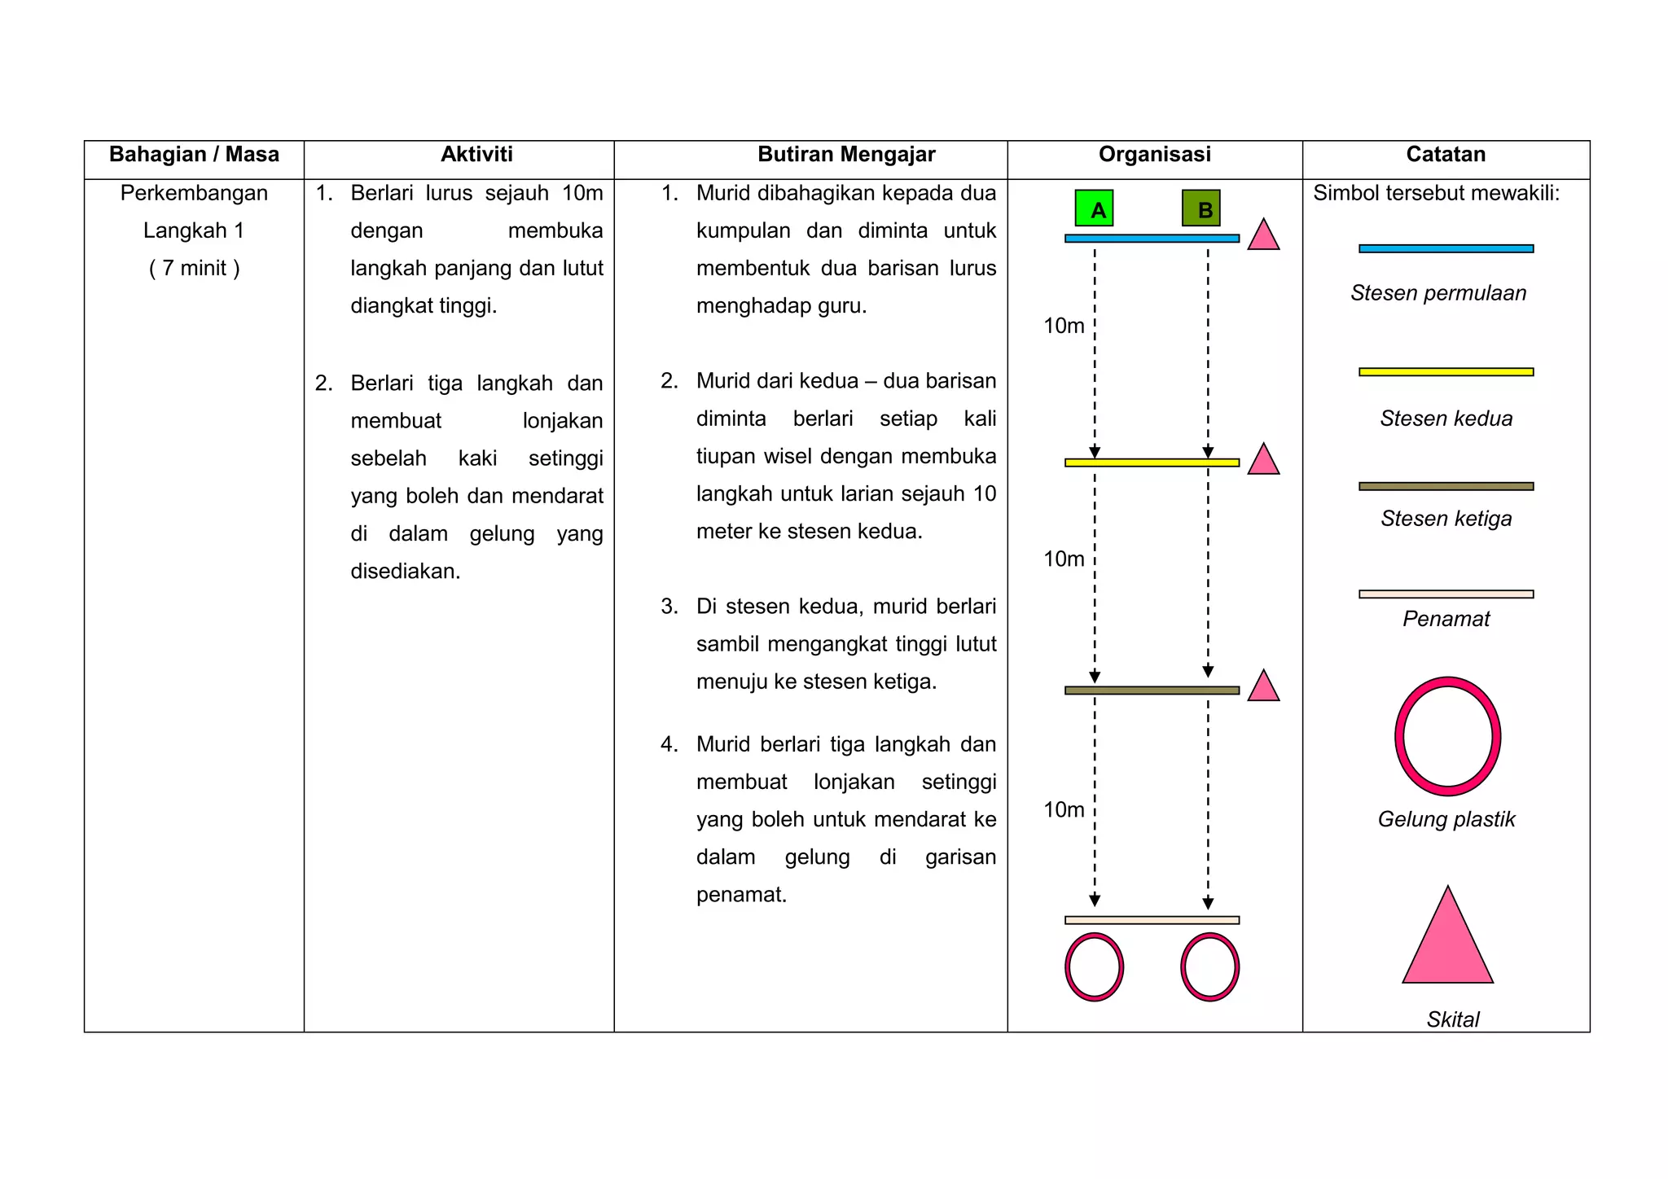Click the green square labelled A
pos(1094,208)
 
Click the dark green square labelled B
pos(1201,208)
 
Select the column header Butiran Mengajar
pos(846,155)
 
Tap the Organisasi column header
pos(1154,155)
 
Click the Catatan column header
pos(1446,155)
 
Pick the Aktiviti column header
pos(476,155)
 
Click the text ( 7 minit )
pos(194,268)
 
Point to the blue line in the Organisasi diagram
pos(1152,239)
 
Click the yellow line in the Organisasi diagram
pos(1152,462)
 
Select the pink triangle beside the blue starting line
pos(1263,237)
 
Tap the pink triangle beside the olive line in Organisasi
pos(1263,688)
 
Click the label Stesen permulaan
pos(1438,293)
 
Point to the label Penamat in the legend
pos(1446,619)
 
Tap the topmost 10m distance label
pos(1064,326)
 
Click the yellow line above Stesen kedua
pos(1446,372)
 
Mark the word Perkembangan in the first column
pos(194,193)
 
